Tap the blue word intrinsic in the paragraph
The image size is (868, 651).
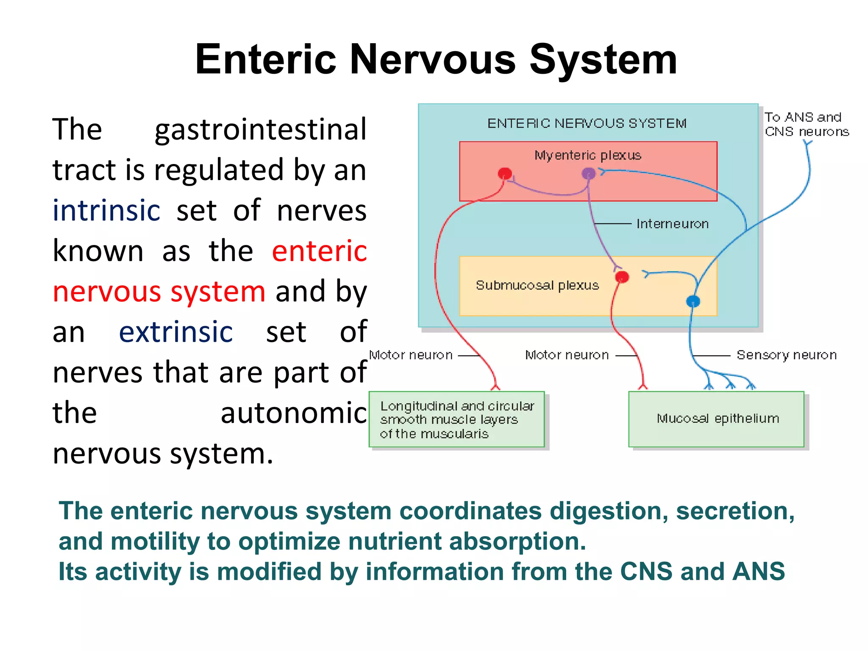pos(106,211)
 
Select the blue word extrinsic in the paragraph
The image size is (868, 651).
pos(175,332)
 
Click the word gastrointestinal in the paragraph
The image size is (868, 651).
pos(260,129)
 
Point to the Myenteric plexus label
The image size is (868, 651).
pos(587,155)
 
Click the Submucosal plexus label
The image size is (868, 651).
pos(537,285)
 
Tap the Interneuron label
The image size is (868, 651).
pos(672,224)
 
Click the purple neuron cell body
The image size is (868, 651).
pos(589,173)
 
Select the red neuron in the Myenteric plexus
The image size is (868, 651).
pos(504,173)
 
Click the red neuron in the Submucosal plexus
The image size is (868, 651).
pos(622,277)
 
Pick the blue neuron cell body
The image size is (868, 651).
pos(693,301)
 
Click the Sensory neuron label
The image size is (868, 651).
pos(786,355)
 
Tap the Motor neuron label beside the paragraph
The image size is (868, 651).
pos(411,355)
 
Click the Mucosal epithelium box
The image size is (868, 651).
pos(716,419)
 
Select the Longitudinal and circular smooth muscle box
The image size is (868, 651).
pos(456,419)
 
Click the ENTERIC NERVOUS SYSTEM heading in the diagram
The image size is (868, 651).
pos(587,123)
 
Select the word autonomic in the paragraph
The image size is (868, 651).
pos(293,413)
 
